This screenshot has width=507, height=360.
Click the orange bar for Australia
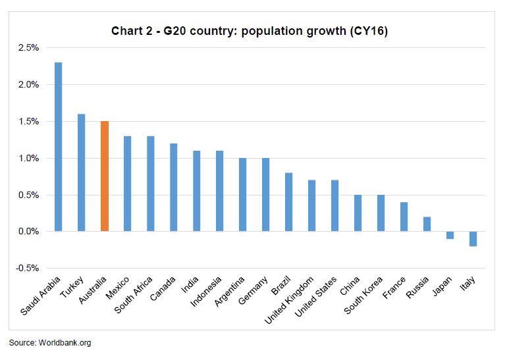pyautogui.click(x=104, y=176)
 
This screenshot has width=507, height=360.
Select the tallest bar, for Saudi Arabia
pyautogui.click(x=58, y=147)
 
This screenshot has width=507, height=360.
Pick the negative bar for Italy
pyautogui.click(x=473, y=238)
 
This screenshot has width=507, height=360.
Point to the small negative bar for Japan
pyautogui.click(x=450, y=235)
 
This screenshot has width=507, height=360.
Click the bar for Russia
pyautogui.click(x=427, y=224)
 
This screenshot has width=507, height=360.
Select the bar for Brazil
pyautogui.click(x=288, y=202)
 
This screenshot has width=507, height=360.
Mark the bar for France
pyautogui.click(x=404, y=217)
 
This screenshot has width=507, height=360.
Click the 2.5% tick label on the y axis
pyautogui.click(x=28, y=48)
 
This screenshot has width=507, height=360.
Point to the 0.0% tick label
pyautogui.click(x=28, y=232)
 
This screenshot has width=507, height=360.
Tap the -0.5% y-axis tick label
pyautogui.click(x=26, y=269)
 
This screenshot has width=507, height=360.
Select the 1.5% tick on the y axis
pyautogui.click(x=28, y=122)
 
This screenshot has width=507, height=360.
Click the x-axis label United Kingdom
pyautogui.click(x=290, y=300)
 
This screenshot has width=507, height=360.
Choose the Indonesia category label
pyautogui.click(x=207, y=293)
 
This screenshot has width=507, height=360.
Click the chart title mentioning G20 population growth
pyautogui.click(x=250, y=31)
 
